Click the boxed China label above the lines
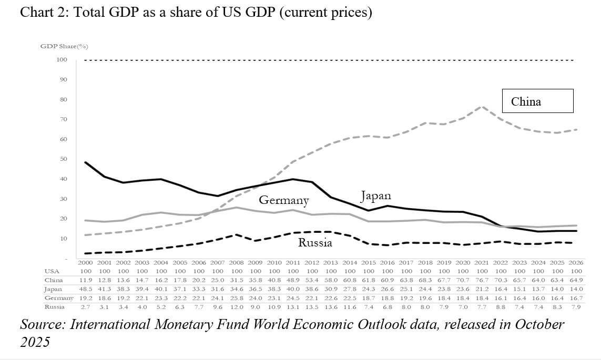[526, 101]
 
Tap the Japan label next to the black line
[375, 196]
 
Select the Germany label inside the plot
[283, 200]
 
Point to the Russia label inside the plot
[315, 242]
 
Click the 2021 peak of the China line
[482, 107]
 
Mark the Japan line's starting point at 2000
[85, 162]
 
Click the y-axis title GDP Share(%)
[64, 46]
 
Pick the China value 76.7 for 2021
[482, 280]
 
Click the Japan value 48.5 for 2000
[85, 289]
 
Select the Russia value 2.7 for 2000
[85, 306]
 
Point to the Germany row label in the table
[58, 298]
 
